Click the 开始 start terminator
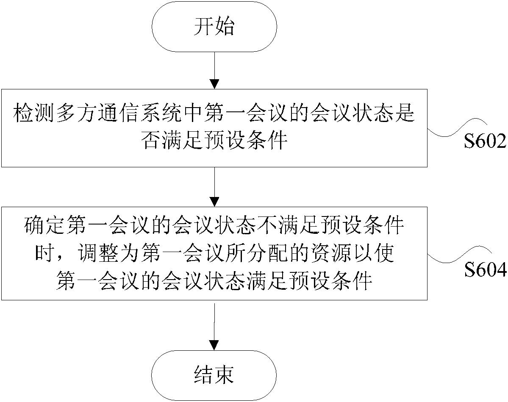[x=214, y=27]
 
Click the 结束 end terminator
[x=214, y=376]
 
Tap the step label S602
[x=485, y=141]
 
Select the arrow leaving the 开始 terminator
[x=214, y=70]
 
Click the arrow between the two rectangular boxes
[x=214, y=187]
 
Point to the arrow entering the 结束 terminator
[x=214, y=325]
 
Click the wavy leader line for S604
[x=458, y=256]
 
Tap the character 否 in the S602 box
[x=151, y=141]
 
